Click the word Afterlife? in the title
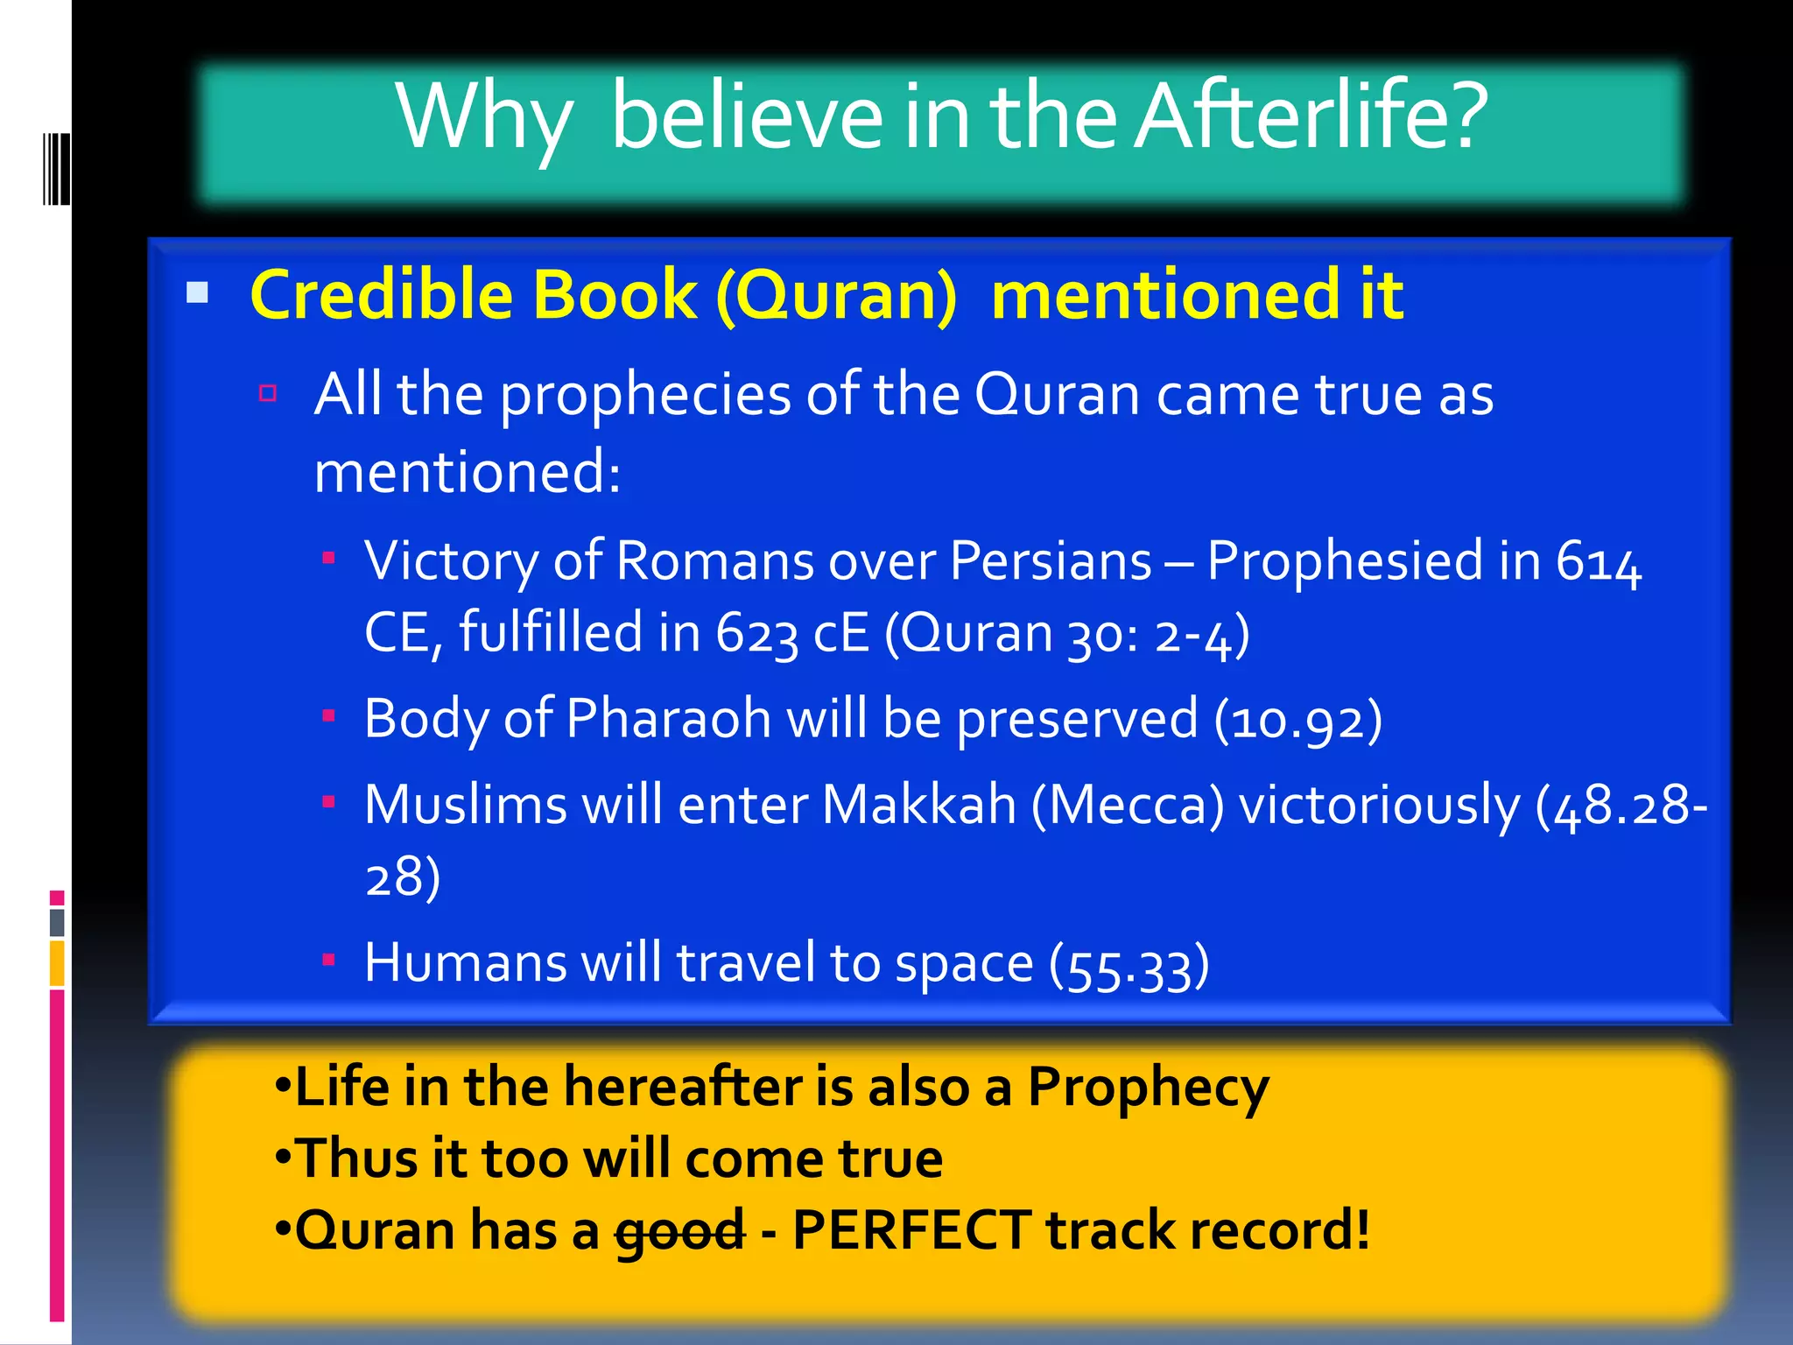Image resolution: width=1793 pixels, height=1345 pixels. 1311,116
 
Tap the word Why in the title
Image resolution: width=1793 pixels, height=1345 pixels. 484,118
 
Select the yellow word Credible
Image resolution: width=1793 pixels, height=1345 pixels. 385,294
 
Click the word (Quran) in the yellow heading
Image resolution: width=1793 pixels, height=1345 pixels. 837,296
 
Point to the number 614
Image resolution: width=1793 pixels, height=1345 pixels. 1599,561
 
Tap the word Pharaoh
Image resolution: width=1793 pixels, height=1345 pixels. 668,719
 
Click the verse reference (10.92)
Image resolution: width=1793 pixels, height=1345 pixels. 1298,721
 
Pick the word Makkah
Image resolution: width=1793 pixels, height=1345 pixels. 918,805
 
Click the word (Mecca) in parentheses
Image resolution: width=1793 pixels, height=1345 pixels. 1128,806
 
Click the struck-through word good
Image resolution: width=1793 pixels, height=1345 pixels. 679,1231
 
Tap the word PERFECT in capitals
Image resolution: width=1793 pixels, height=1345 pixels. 911,1229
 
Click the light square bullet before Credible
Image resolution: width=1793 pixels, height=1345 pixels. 198,292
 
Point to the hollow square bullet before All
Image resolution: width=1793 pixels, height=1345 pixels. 268,392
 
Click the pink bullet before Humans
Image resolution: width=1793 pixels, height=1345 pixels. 329,960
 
